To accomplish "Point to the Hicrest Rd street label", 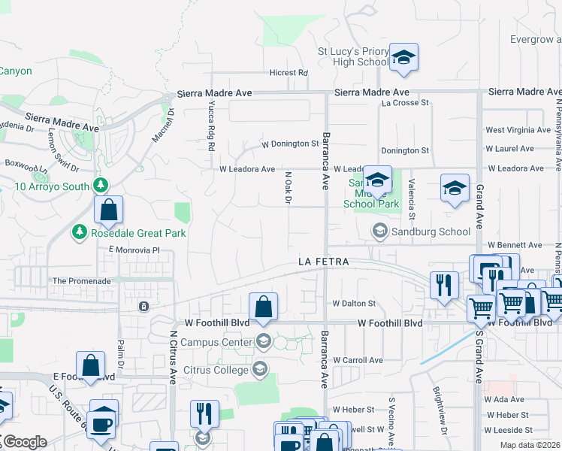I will [289, 73].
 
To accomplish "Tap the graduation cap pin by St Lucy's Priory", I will [403, 58].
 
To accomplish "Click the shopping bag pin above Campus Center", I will [263, 307].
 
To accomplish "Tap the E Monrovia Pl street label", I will [134, 250].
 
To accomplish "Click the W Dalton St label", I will [354, 304].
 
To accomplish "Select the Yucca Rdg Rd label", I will [211, 120].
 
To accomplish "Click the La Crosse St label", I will [405, 103].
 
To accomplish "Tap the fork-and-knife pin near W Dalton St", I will [444, 285].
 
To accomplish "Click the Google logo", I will [24, 442].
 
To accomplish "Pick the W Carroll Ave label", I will [358, 360].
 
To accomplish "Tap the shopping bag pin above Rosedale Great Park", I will [108, 210].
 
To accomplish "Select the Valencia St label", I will [411, 194].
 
